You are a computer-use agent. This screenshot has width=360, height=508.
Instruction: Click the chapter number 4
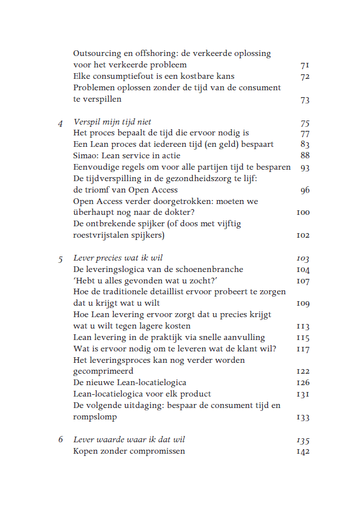[61, 122]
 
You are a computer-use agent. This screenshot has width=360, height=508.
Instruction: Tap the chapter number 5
[61, 258]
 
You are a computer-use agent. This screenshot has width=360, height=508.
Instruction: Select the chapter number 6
[61, 440]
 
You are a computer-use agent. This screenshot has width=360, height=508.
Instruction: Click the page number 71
[305, 65]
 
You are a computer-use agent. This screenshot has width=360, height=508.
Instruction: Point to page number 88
[305, 156]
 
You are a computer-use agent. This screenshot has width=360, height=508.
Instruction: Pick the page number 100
[303, 213]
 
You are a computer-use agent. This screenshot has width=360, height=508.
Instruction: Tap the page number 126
[303, 383]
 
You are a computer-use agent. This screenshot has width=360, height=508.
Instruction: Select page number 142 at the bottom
[303, 451]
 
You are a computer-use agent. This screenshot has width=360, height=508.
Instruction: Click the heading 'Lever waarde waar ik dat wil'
[129, 439]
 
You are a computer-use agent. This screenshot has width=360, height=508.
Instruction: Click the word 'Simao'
[85, 156]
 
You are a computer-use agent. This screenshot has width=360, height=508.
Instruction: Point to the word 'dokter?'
[179, 213]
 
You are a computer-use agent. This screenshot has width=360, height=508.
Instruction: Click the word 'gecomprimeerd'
[103, 371]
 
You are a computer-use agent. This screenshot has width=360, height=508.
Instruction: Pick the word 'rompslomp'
[95, 417]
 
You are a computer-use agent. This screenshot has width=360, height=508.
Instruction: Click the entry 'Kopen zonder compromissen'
[129, 451]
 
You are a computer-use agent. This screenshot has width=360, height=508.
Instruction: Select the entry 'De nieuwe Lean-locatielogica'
[130, 383]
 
